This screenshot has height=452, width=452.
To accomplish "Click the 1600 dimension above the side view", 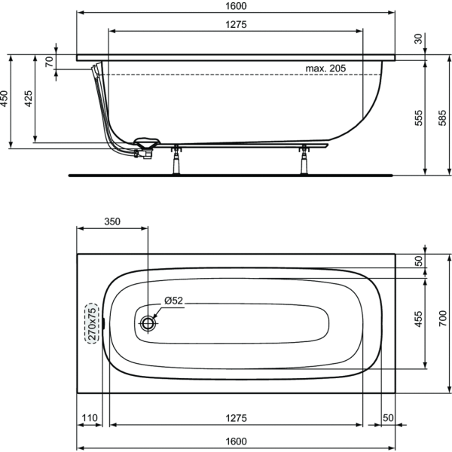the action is pyautogui.click(x=236, y=6).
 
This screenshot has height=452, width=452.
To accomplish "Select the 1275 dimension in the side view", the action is pyautogui.click(x=236, y=25).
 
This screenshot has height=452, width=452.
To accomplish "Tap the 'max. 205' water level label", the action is pyautogui.click(x=325, y=69).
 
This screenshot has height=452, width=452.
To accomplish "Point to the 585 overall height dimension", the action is pyautogui.click(x=442, y=118).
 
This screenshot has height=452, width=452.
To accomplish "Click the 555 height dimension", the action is pyautogui.click(x=418, y=118).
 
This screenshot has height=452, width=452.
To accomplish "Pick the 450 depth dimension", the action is pyautogui.click(x=4, y=99).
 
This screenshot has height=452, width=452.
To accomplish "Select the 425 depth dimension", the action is pyautogui.click(x=28, y=99).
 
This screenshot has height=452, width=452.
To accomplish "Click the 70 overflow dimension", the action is pyautogui.click(x=49, y=62).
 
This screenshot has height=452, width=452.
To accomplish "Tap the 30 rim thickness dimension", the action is pyautogui.click(x=418, y=38).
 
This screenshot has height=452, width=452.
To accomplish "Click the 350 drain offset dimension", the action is pyautogui.click(x=112, y=221).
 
